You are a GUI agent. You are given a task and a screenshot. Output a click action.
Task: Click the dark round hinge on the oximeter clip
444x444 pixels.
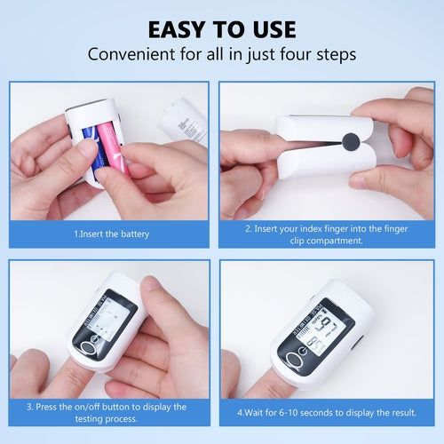[x=351, y=142]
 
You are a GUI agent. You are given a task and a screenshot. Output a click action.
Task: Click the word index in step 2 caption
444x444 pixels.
[x=310, y=228]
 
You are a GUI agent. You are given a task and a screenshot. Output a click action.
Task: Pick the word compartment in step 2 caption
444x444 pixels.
[x=337, y=241]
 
